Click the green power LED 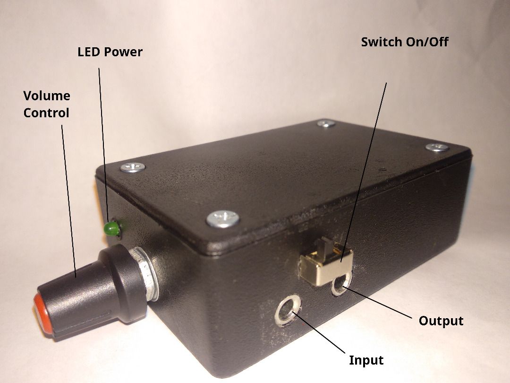click(112, 229)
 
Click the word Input click(366, 360)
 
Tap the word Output click(441, 321)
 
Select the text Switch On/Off click(405, 42)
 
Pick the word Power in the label click(123, 52)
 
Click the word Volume click(47, 96)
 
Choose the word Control click(46, 113)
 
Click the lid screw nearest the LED click(133, 167)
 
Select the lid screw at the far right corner click(437, 147)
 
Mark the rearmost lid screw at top click(326, 123)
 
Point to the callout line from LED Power click(104, 142)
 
